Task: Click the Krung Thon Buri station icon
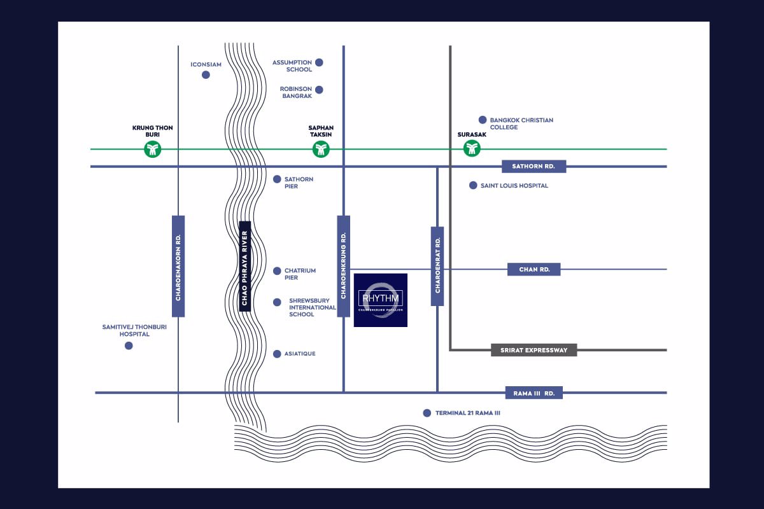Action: click(152, 150)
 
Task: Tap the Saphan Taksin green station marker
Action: click(320, 150)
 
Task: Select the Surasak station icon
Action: click(472, 149)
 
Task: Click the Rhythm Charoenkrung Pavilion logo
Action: click(381, 300)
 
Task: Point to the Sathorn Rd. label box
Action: click(534, 167)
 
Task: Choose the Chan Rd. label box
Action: click(534, 270)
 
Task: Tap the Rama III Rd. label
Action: click(534, 393)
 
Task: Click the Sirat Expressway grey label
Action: click(534, 350)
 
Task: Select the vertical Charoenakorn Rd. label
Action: click(178, 266)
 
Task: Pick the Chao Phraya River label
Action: click(244, 266)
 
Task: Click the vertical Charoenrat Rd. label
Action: click(437, 266)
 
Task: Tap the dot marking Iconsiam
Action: click(206, 75)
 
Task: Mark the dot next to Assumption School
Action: click(319, 62)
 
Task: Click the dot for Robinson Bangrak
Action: click(319, 90)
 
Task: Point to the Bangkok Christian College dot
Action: click(483, 120)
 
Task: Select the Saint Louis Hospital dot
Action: click(473, 186)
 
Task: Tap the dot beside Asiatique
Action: click(277, 354)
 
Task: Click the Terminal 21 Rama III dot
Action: click(427, 413)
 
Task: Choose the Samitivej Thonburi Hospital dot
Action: click(129, 345)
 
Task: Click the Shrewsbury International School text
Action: click(312, 307)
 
